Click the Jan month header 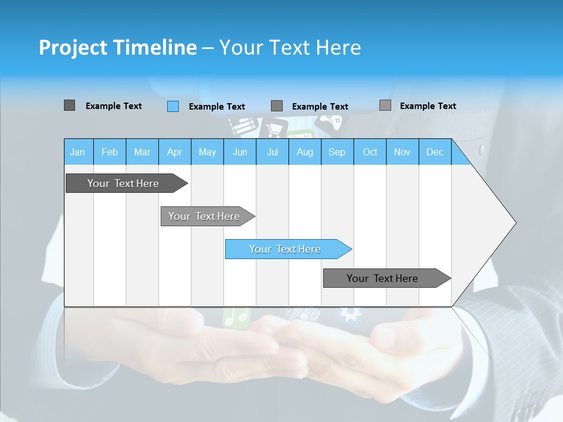click(77, 152)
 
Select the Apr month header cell click(174, 152)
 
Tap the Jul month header click(272, 152)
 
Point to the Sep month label click(337, 152)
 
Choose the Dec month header click(435, 152)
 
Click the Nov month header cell click(402, 152)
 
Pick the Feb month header click(110, 152)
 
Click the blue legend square click(173, 106)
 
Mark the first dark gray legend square click(69, 105)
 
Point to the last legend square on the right click(385, 105)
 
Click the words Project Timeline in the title click(117, 47)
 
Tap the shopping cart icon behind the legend click(273, 128)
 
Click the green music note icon click(236, 316)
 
